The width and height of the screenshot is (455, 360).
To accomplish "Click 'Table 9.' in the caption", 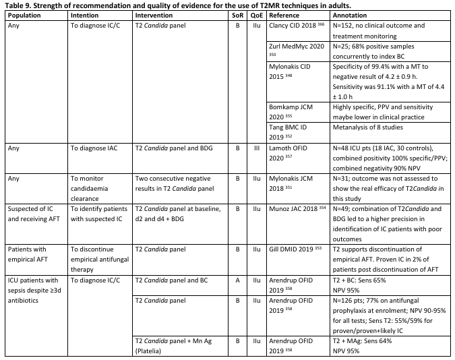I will pos(20,5).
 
